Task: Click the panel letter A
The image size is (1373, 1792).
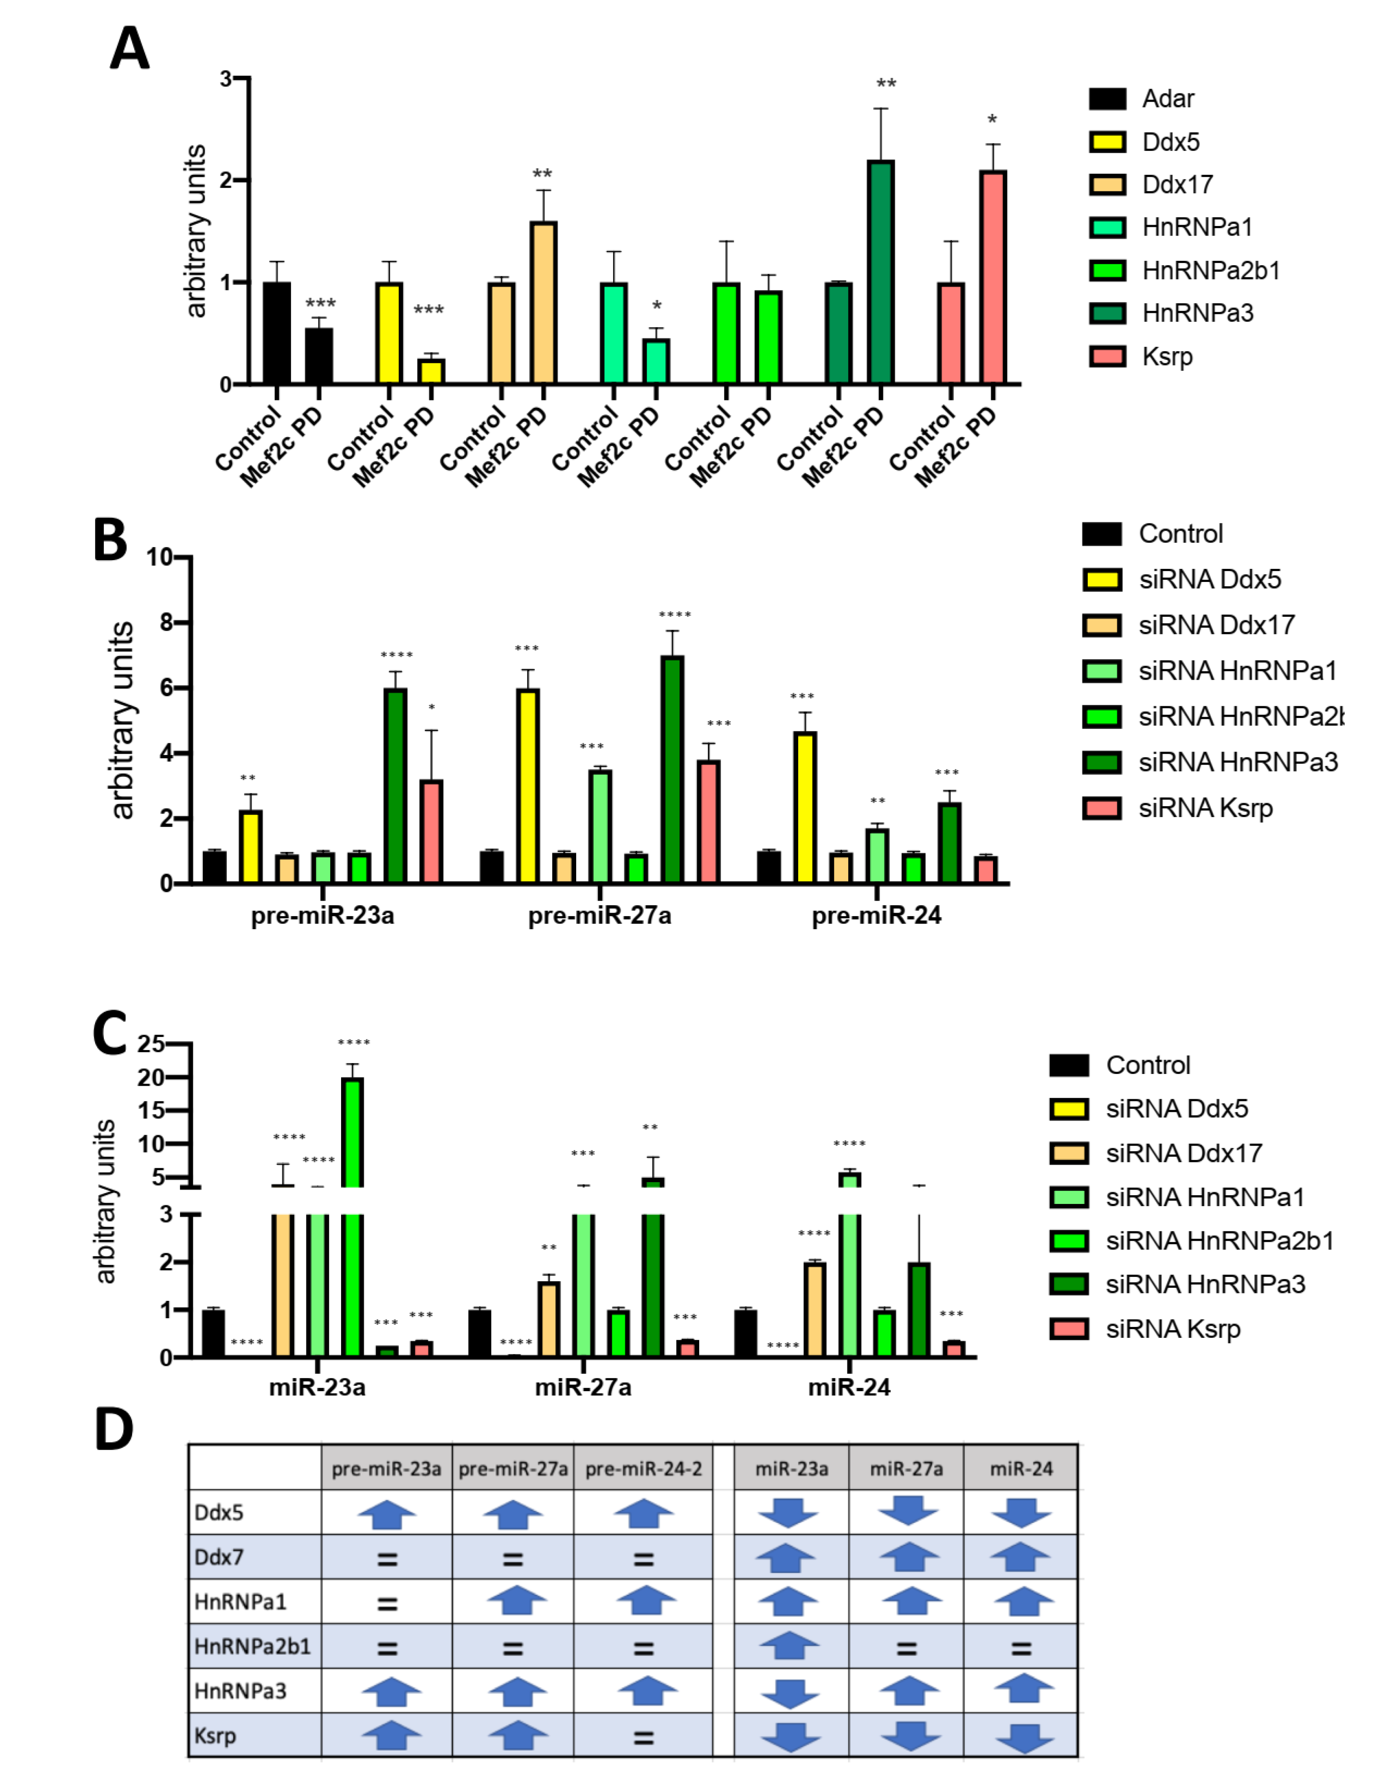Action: (x=129, y=49)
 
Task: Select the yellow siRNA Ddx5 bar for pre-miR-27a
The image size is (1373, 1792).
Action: (x=528, y=785)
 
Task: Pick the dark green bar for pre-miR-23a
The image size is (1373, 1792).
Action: (x=396, y=785)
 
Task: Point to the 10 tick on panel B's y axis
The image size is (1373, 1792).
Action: (x=160, y=557)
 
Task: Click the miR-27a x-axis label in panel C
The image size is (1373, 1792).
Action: (x=583, y=1387)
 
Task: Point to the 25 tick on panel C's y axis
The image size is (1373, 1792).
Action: (x=151, y=1044)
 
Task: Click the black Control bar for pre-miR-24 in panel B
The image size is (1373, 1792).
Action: (x=768, y=867)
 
